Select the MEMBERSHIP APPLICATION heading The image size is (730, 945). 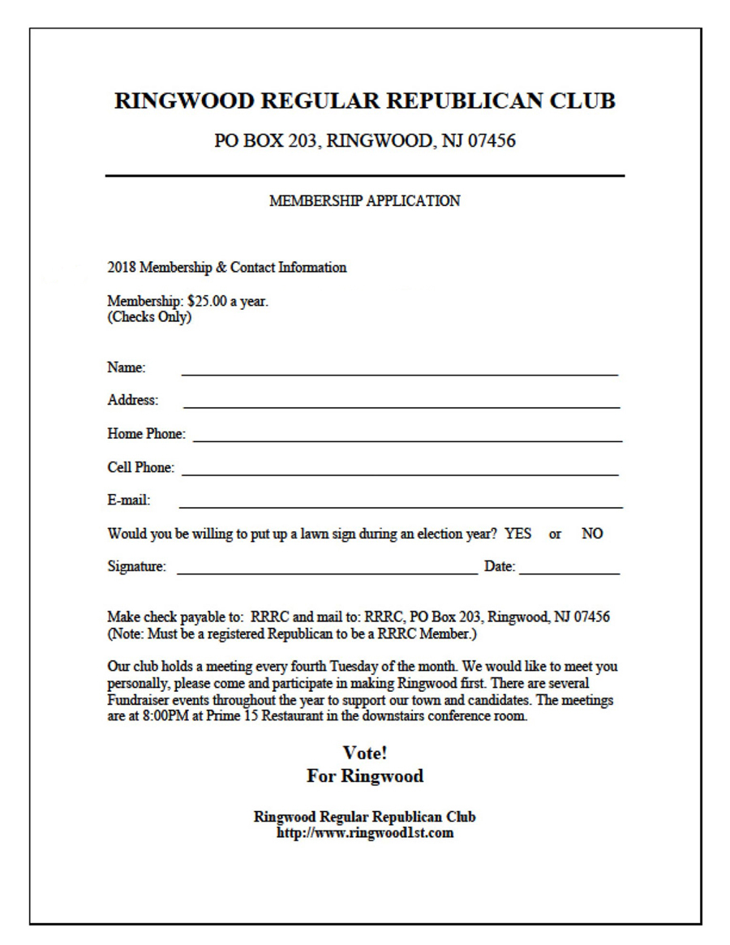364,201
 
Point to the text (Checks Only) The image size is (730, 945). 149,316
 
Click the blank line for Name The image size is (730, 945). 399,372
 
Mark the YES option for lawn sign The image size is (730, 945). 518,534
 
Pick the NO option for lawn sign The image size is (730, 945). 592,534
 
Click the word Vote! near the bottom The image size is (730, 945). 364,753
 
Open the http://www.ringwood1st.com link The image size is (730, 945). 364,832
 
